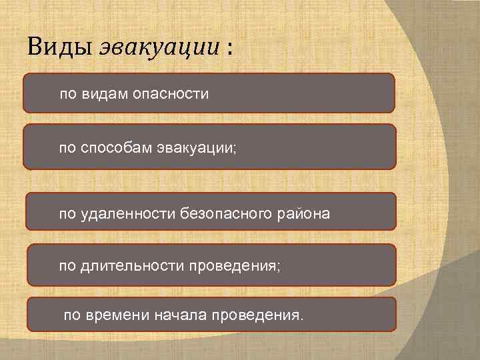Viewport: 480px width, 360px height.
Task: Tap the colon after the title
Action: point(230,48)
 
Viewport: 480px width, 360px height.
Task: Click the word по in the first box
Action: point(68,94)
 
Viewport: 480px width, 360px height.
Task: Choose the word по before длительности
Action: point(67,266)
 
